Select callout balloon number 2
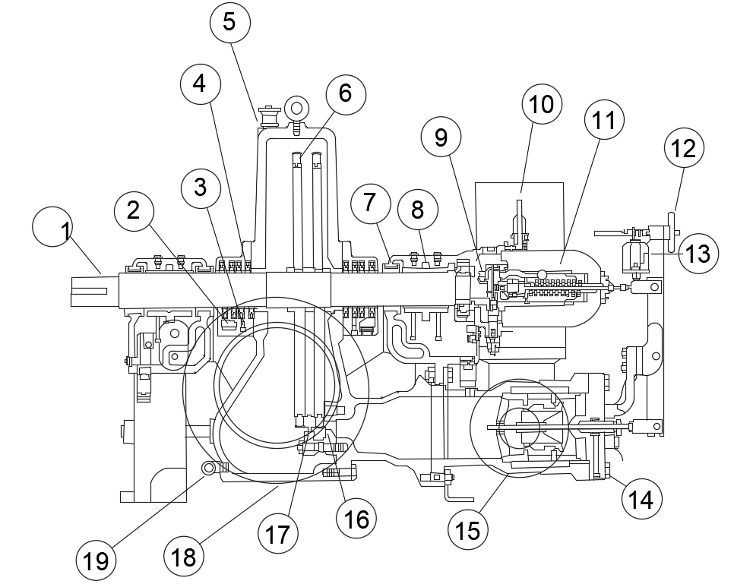pos(134,212)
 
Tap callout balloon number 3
pos(201,188)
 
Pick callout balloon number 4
pos(200,84)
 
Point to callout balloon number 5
pos(229,22)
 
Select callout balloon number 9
pos(441,137)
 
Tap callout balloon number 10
pos(542,105)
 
